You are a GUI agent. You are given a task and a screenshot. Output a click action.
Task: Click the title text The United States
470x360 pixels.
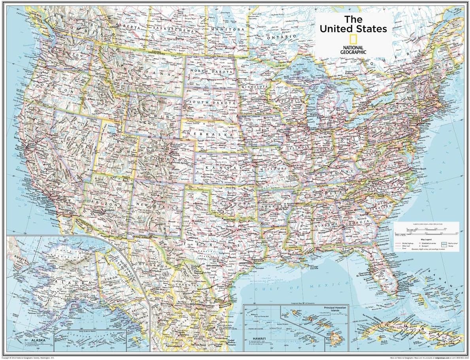tap(353, 24)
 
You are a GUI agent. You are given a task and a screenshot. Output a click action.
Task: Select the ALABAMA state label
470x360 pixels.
tap(327, 224)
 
